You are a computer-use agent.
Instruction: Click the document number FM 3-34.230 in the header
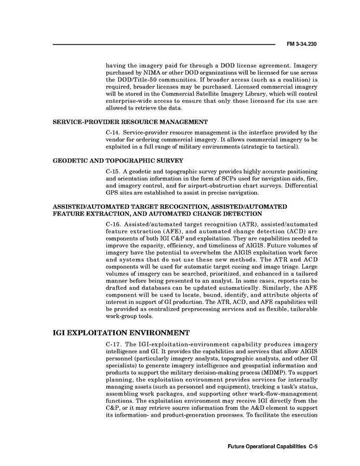tap(301, 44)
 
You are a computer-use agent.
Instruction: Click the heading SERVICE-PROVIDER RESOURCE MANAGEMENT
tap(130, 122)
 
